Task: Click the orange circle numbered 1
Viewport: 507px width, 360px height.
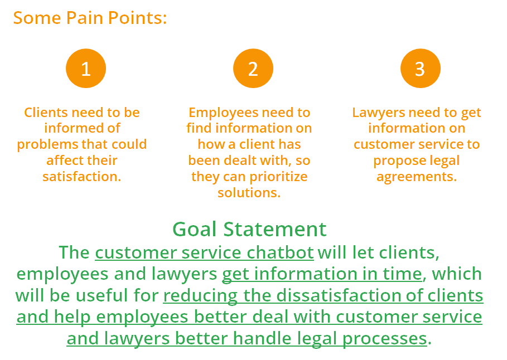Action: click(86, 68)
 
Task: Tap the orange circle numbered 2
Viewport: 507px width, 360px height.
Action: click(253, 68)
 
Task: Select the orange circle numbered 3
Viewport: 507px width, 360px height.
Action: click(421, 68)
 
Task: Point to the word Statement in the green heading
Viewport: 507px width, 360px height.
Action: click(275, 229)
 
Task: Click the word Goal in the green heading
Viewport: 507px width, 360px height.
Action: click(194, 229)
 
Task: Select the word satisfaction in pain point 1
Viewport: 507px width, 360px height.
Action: click(82, 177)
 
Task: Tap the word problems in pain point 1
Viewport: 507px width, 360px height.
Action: click(47, 144)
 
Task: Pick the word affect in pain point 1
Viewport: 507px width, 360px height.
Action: click(64, 160)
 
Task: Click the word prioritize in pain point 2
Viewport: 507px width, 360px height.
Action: click(278, 177)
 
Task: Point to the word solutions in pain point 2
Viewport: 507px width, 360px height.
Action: click(249, 193)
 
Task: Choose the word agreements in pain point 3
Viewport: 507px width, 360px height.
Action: click(417, 177)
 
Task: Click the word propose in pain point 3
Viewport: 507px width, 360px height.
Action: click(394, 160)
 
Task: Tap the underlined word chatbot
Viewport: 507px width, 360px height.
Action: click(281, 252)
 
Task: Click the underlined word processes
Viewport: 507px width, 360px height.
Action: click(385, 339)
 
